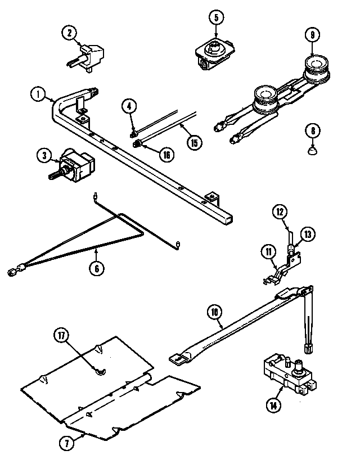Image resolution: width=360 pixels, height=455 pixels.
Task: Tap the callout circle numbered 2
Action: click(69, 33)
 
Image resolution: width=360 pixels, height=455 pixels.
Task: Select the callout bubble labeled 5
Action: click(215, 17)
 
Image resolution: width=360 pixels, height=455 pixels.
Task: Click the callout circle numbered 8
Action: click(312, 132)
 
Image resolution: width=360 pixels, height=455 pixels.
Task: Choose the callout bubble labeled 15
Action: click(194, 143)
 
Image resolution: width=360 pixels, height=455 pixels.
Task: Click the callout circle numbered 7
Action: click(67, 443)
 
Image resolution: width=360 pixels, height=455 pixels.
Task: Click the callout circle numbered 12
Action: click(281, 213)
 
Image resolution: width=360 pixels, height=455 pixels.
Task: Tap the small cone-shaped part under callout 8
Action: click(312, 150)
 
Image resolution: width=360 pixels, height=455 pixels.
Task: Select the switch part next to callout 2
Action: click(89, 55)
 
